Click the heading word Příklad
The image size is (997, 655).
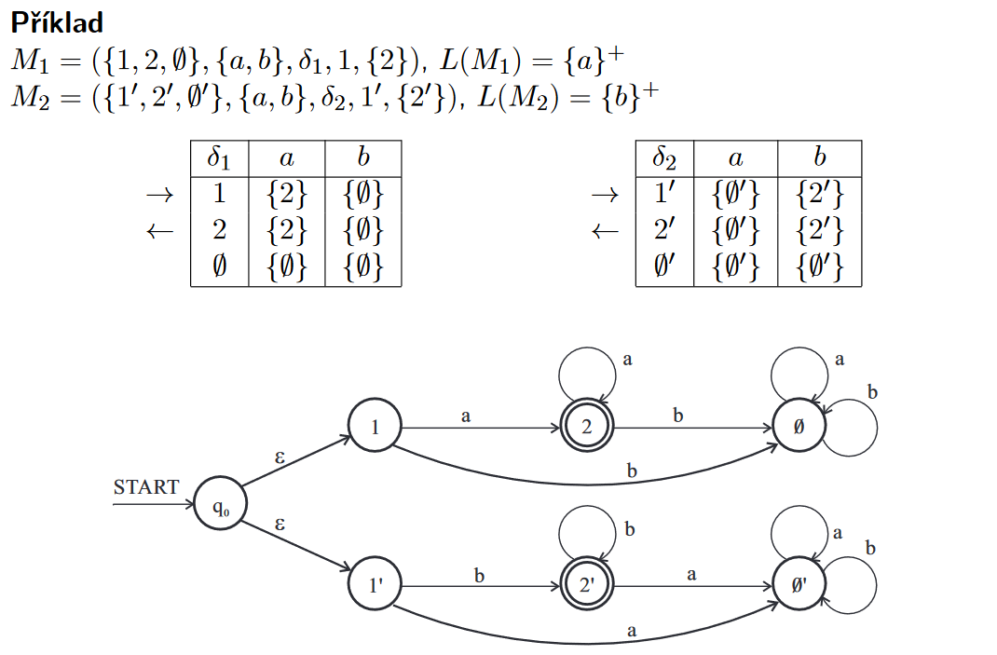coord(57,22)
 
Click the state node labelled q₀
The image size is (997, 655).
coord(220,508)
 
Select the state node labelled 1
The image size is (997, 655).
coord(375,427)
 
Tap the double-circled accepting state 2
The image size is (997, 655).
coord(586,428)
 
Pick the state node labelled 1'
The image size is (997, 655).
coord(375,586)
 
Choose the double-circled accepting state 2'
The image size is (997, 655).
coord(586,586)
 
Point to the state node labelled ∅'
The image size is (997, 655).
coord(799,586)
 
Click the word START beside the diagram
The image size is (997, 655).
coord(145,487)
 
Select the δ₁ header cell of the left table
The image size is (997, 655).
coord(219,157)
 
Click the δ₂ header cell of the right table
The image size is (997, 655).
coord(664,157)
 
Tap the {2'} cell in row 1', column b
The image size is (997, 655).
coord(819,195)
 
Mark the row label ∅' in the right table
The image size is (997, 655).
coord(664,267)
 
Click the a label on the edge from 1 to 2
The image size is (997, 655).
coord(466,416)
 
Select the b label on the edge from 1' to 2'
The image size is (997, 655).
coord(480,576)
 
